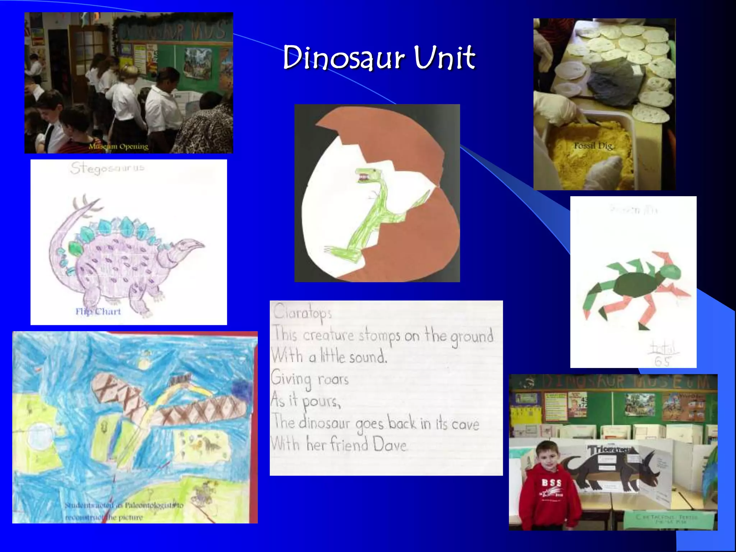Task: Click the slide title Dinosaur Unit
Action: click(379, 57)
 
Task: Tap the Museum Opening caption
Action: click(119, 147)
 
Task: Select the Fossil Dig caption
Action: click(593, 146)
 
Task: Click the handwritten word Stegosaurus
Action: click(107, 168)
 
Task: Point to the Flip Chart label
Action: click(98, 312)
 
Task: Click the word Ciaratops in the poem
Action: click(302, 312)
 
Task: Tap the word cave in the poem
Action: click(465, 424)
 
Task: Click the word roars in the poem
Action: click(333, 379)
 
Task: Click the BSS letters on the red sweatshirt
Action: click(551, 483)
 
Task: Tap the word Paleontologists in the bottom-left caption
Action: click(151, 505)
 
